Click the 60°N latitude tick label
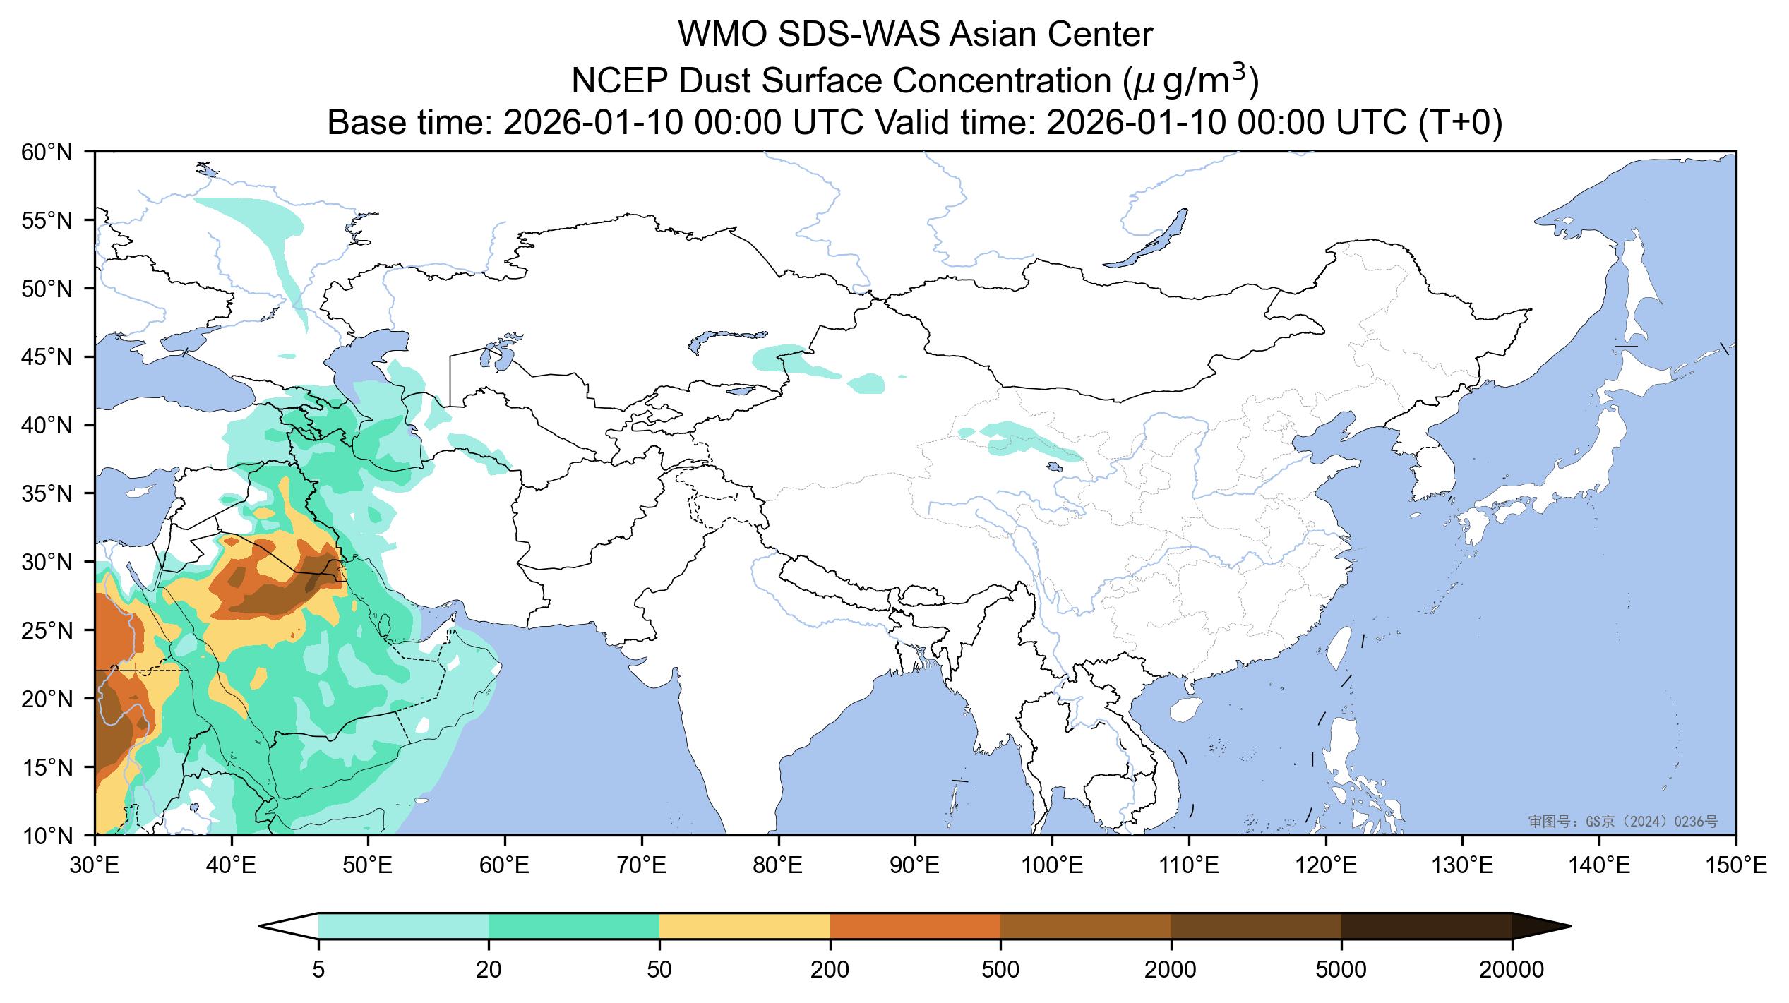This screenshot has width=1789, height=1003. click(x=47, y=152)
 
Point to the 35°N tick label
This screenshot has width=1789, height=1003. click(x=47, y=493)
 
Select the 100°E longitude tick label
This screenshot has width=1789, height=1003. click(x=1052, y=865)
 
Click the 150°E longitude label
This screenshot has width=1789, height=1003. click(x=1735, y=865)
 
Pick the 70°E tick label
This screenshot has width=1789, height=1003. click(x=641, y=865)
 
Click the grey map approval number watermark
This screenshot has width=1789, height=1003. click(x=1622, y=821)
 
